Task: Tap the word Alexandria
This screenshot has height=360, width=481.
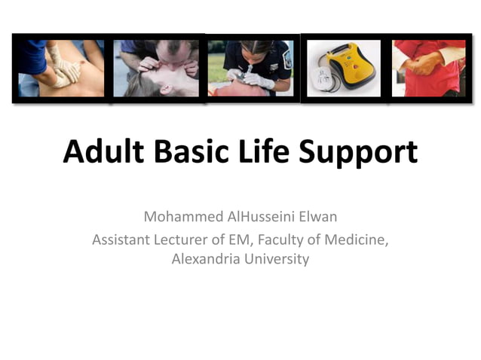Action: point(206,260)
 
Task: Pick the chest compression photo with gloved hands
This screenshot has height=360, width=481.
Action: point(62,68)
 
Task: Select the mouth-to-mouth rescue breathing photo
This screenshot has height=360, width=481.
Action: point(157,68)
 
